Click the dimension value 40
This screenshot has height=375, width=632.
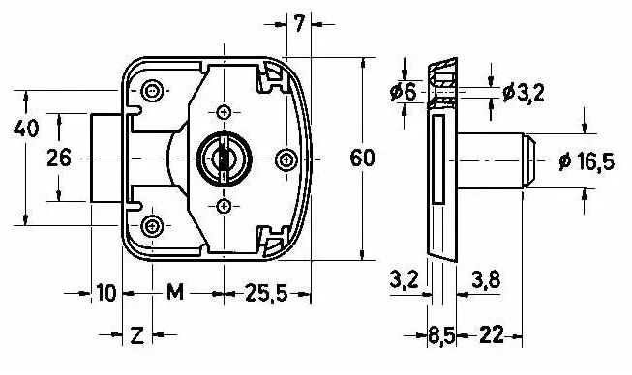pyautogui.click(x=26, y=129)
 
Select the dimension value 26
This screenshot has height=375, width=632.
pyautogui.click(x=59, y=158)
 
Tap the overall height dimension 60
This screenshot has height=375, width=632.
pyautogui.click(x=362, y=158)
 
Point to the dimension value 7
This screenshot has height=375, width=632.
pyautogui.click(x=299, y=24)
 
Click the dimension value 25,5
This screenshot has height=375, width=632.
pyautogui.click(x=266, y=293)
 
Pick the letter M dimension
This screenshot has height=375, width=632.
pyautogui.click(x=175, y=292)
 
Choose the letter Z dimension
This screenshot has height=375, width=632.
pyautogui.click(x=137, y=334)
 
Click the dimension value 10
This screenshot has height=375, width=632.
pyautogui.click(x=106, y=293)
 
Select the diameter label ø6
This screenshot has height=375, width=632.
pyautogui.click(x=404, y=93)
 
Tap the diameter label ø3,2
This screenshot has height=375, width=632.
pyautogui.click(x=524, y=94)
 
